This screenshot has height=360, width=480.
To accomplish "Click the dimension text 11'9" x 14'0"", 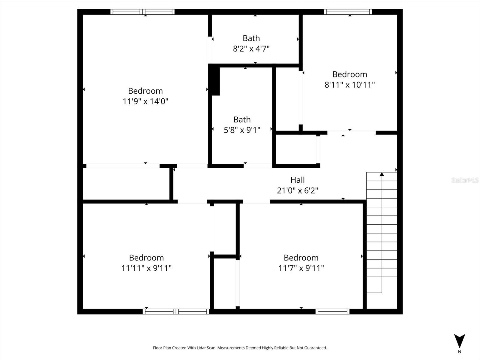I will tap(145, 101).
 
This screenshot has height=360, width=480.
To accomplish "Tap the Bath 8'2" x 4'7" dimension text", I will tap(251, 49).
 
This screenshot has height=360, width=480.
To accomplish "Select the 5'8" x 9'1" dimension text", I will tap(242, 130).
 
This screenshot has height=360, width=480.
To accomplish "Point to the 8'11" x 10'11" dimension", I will tap(349, 85).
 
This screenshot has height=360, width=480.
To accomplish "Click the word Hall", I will tap(297, 180).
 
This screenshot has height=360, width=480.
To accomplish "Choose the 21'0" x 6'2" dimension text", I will tap(297, 190).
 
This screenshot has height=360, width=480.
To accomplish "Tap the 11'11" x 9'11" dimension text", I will tap(146, 268).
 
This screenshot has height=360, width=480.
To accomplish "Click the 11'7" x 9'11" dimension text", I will tap(301, 268).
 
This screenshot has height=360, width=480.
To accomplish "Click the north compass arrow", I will tap(459, 341).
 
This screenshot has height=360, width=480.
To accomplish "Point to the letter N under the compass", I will tap(459, 352).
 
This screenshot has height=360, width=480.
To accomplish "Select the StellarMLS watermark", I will tap(465, 180).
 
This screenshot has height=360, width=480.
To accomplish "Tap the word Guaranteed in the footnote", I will tap(315, 348).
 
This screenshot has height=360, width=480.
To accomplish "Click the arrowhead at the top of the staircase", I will tap(382, 174).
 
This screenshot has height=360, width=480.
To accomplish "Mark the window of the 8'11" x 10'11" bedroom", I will tap(348, 12).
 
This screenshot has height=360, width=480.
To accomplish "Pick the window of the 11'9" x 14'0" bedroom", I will tap(142, 12).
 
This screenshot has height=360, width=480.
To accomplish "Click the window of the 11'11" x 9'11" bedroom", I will tap(176, 311).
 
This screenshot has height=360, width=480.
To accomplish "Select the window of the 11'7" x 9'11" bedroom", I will tap(332, 311).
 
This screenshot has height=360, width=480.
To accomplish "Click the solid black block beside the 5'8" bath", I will tap(214, 80).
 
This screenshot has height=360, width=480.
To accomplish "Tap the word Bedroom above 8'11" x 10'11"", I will tap(349, 74).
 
